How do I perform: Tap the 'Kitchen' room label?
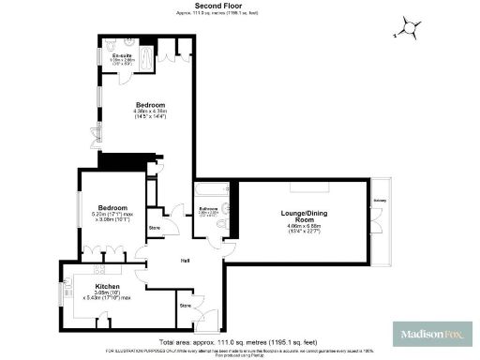pyautogui.click(x=108, y=285)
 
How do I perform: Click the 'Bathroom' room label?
pyautogui.click(x=208, y=208)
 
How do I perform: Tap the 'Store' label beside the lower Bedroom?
pyautogui.click(x=156, y=228)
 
